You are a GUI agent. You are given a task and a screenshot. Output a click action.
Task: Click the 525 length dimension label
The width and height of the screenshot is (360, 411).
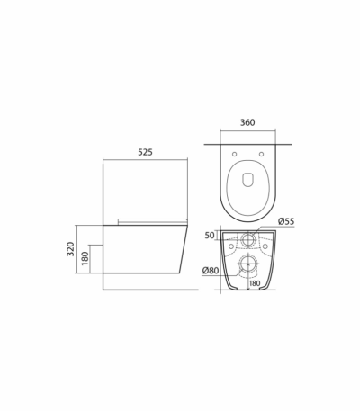[x=145, y=152]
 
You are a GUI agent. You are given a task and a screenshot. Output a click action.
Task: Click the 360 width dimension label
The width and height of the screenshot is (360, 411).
[x=247, y=122]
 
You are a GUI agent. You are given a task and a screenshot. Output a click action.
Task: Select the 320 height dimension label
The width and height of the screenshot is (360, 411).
[x=70, y=249]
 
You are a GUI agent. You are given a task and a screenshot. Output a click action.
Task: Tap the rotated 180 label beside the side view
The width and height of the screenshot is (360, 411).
[x=85, y=258]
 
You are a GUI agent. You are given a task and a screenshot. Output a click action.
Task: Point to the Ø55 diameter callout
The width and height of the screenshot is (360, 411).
[x=286, y=221]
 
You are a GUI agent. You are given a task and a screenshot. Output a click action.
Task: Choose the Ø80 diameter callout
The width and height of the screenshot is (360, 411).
[x=211, y=271]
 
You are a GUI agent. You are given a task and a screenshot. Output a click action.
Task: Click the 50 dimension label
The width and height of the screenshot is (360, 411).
[x=210, y=236]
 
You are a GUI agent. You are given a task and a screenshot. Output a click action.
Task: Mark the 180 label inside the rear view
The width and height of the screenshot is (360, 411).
[x=255, y=283]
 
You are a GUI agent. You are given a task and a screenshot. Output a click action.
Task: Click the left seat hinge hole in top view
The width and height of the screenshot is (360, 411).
[x=235, y=154]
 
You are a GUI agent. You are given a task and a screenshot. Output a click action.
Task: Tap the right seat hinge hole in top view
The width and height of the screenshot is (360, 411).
[x=261, y=154]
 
